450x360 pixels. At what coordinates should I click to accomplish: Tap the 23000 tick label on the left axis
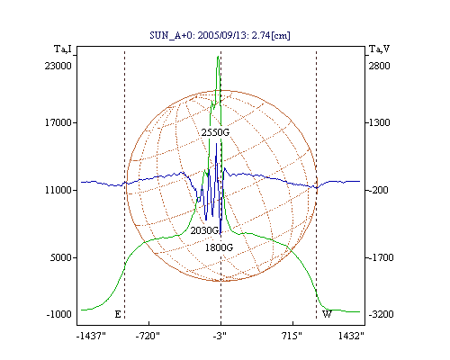pyautogui.click(x=58, y=66)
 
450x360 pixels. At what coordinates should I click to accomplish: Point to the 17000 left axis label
pyautogui.click(x=58, y=122)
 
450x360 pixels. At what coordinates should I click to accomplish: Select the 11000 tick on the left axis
pyautogui.click(x=58, y=190)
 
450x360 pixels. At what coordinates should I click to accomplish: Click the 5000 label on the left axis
pyautogui.click(x=61, y=257)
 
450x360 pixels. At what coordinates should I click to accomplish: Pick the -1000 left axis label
pyautogui.click(x=59, y=314)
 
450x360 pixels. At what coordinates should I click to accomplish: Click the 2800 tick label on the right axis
pyautogui.click(x=379, y=66)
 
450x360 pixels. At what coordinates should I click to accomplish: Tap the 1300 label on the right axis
pyautogui.click(x=379, y=122)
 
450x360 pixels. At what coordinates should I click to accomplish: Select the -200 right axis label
pyautogui.click(x=378, y=190)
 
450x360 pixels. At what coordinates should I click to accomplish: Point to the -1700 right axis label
pyautogui.click(x=381, y=257)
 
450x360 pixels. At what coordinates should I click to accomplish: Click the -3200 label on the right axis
pyautogui.click(x=381, y=314)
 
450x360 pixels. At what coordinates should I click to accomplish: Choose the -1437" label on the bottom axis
pyautogui.click(x=91, y=336)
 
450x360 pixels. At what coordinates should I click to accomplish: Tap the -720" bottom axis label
pyautogui.click(x=148, y=336)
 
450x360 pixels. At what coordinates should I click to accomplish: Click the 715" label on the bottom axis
pyautogui.click(x=292, y=336)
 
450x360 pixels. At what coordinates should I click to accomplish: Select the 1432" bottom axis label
pyautogui.click(x=351, y=336)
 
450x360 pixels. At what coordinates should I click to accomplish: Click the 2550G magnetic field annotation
pyautogui.click(x=215, y=132)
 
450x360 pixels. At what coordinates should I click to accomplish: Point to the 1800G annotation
pyautogui.click(x=219, y=247)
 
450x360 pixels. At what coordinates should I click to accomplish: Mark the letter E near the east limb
pyautogui.click(x=118, y=314)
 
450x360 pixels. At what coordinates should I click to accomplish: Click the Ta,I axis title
pyautogui.click(x=63, y=49)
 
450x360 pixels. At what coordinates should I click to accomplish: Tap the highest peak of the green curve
pyautogui.click(x=218, y=56)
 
